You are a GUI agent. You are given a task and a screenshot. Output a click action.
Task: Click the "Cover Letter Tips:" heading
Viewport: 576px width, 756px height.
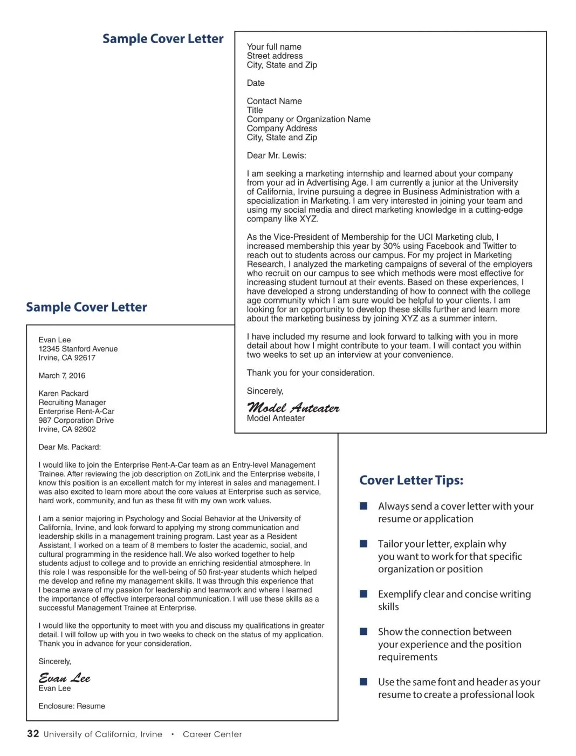(411, 480)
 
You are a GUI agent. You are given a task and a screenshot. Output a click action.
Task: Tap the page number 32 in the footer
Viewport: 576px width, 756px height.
(33, 733)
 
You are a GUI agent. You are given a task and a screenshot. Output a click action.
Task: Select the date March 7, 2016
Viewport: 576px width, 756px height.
(61, 375)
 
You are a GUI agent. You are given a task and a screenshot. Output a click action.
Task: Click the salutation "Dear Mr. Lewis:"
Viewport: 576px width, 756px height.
(276, 156)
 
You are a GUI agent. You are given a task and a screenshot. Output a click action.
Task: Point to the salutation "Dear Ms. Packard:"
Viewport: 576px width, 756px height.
(70, 447)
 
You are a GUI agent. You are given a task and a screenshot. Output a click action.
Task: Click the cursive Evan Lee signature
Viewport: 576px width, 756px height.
(64, 678)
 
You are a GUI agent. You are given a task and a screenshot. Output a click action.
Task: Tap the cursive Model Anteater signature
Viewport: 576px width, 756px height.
(293, 408)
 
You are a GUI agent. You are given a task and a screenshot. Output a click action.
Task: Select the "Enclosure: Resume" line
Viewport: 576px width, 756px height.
(72, 706)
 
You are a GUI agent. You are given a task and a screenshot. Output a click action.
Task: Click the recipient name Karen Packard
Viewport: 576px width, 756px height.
(63, 393)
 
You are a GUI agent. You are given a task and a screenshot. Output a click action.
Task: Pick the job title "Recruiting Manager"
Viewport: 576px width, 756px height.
(72, 402)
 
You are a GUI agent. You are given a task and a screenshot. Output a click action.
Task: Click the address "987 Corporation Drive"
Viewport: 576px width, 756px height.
(76, 420)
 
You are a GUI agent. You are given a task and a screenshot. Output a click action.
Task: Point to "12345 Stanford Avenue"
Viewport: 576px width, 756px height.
(78, 349)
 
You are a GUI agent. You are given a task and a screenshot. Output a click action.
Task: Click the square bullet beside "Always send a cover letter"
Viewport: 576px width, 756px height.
(364, 506)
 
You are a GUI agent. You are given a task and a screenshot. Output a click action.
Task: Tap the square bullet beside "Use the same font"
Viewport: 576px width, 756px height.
(364, 682)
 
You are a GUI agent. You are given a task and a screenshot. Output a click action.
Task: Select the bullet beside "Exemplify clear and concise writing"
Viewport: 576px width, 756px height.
(364, 594)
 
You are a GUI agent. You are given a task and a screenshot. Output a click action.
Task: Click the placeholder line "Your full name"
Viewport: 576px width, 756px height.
(274, 47)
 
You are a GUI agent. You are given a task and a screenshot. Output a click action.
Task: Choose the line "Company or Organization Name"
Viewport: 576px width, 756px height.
(308, 119)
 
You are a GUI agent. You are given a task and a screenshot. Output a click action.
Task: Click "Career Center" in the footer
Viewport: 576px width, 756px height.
(212, 734)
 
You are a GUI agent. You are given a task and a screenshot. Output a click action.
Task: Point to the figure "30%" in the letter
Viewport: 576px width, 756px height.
(392, 246)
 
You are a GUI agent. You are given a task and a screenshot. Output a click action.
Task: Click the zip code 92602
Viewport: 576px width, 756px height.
(85, 429)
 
